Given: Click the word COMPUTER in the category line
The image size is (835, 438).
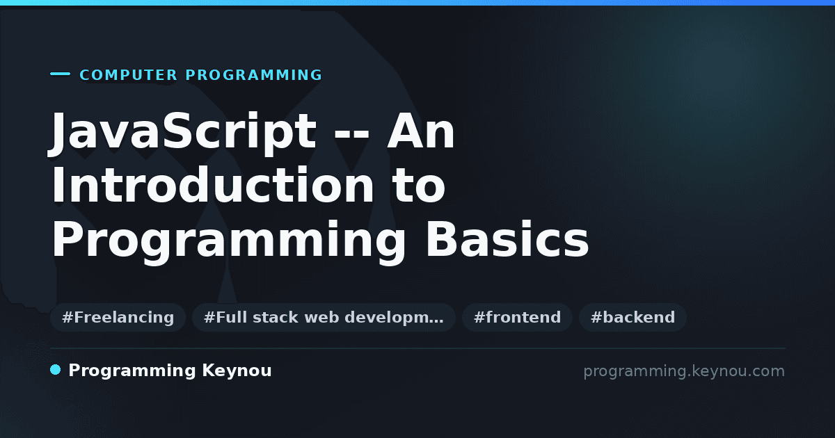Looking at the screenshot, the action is (x=129, y=75).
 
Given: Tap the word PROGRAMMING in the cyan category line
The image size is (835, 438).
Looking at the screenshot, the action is (x=254, y=75).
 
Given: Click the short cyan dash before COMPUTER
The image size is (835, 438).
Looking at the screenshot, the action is (x=60, y=74).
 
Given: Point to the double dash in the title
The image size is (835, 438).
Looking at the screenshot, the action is (x=351, y=136).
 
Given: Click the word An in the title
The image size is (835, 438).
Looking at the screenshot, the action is (x=421, y=131).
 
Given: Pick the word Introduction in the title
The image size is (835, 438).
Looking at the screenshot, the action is (x=212, y=184).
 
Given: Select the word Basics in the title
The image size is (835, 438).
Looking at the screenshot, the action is (x=507, y=239).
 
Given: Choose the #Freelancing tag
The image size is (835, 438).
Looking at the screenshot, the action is (x=118, y=317).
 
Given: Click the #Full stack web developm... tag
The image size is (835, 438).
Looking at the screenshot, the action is (x=324, y=317).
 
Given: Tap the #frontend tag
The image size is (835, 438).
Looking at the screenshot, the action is (x=517, y=317).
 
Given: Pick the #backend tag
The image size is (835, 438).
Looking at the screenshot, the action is (x=633, y=317).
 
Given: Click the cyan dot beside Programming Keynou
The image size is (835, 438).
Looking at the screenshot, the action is (x=56, y=370).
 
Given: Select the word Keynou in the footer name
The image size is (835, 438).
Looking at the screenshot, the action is (x=237, y=371).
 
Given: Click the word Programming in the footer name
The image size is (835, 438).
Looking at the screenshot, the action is (x=132, y=371).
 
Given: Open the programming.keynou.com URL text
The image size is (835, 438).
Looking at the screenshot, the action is (x=684, y=371).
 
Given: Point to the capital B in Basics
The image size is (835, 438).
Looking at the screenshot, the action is (x=443, y=238).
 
